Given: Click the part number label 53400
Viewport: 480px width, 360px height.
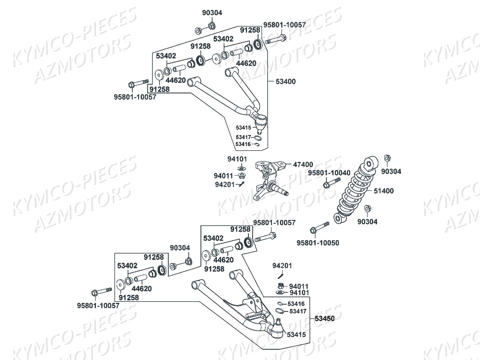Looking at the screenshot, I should point(286,82).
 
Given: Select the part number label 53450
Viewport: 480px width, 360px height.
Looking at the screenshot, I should point(324,318).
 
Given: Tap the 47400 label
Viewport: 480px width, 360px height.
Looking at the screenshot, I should point(303,164).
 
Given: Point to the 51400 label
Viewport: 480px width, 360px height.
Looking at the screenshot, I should point(384,191).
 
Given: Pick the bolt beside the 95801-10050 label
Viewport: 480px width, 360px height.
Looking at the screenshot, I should point(319,228).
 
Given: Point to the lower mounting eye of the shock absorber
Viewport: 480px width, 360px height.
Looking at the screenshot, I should point(339,218).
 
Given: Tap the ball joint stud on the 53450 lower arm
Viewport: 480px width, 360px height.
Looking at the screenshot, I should point(278,321).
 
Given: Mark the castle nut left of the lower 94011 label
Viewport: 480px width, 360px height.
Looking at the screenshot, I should point(281,286).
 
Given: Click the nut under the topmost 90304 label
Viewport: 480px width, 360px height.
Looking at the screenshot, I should point(212,26).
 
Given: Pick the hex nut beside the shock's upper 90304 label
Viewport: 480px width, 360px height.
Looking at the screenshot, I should point(387,158).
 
